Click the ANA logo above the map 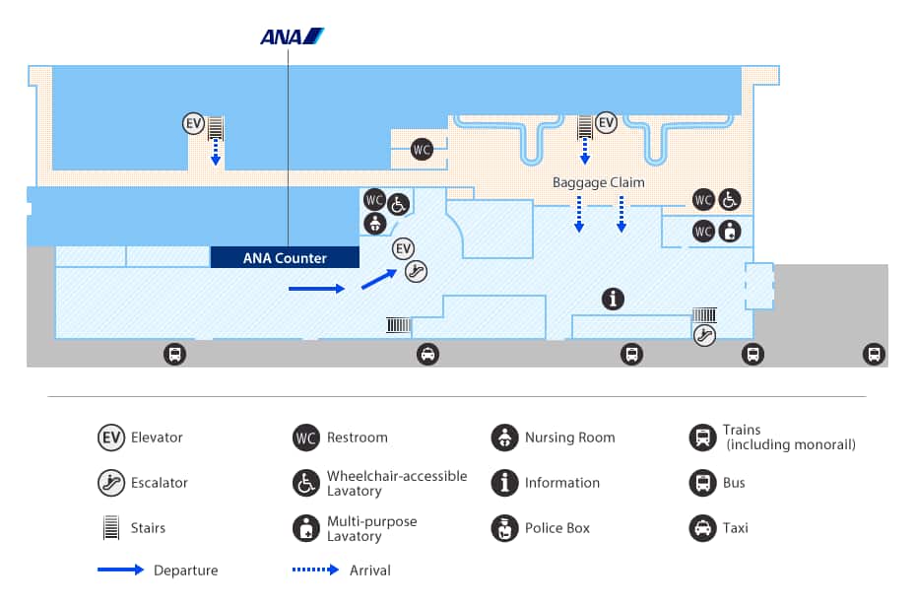click(x=292, y=36)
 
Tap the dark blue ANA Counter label click(x=285, y=258)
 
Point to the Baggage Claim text click(x=598, y=182)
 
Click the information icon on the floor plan click(x=613, y=298)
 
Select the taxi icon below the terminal click(x=427, y=354)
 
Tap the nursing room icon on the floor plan click(x=374, y=224)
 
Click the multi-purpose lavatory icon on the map click(x=729, y=232)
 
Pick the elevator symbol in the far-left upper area click(x=194, y=124)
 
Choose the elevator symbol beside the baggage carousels click(x=606, y=122)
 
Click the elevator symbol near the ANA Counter click(x=403, y=248)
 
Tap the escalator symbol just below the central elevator click(x=417, y=270)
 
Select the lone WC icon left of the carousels click(x=422, y=150)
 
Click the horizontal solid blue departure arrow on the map click(x=316, y=289)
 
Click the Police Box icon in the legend click(x=504, y=528)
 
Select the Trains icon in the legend click(x=700, y=438)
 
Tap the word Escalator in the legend click(x=159, y=483)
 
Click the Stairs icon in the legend click(x=110, y=528)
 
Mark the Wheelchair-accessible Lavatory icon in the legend click(x=306, y=483)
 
